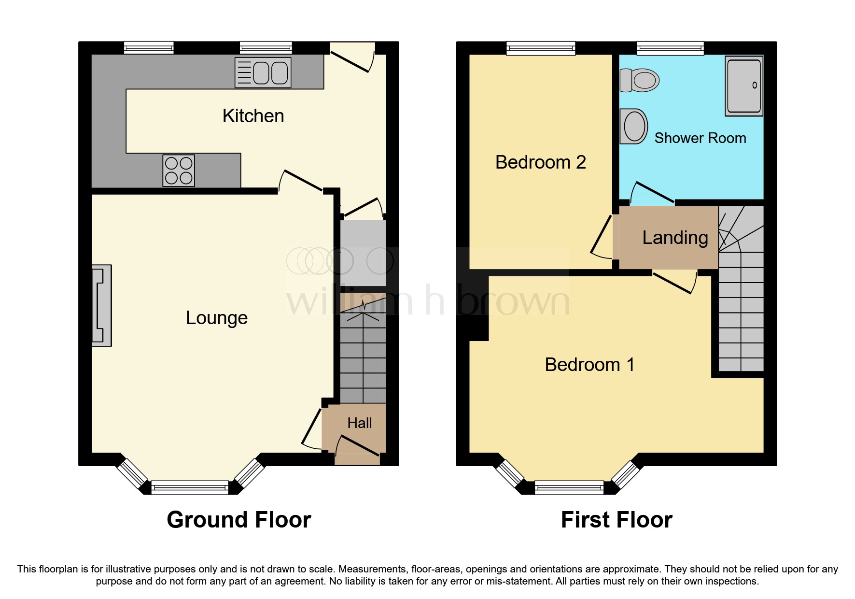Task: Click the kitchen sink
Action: (263, 73)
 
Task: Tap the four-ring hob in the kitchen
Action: (179, 171)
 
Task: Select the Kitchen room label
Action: (253, 116)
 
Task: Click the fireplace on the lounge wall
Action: (102, 305)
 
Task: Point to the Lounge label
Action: (217, 318)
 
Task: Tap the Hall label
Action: (360, 423)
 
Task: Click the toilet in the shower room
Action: (640, 80)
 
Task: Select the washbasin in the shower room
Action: (634, 126)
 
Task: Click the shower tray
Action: (744, 86)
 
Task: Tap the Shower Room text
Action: (700, 138)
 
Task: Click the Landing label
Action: (675, 238)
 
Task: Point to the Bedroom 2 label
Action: (540, 162)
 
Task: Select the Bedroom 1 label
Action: (589, 365)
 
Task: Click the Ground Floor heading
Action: (239, 520)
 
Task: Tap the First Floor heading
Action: (617, 520)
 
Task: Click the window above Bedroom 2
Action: (541, 48)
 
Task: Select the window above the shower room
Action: (670, 48)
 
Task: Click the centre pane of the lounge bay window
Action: (190, 487)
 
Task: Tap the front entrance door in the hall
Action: (358, 447)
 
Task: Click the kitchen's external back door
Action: (351, 61)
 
